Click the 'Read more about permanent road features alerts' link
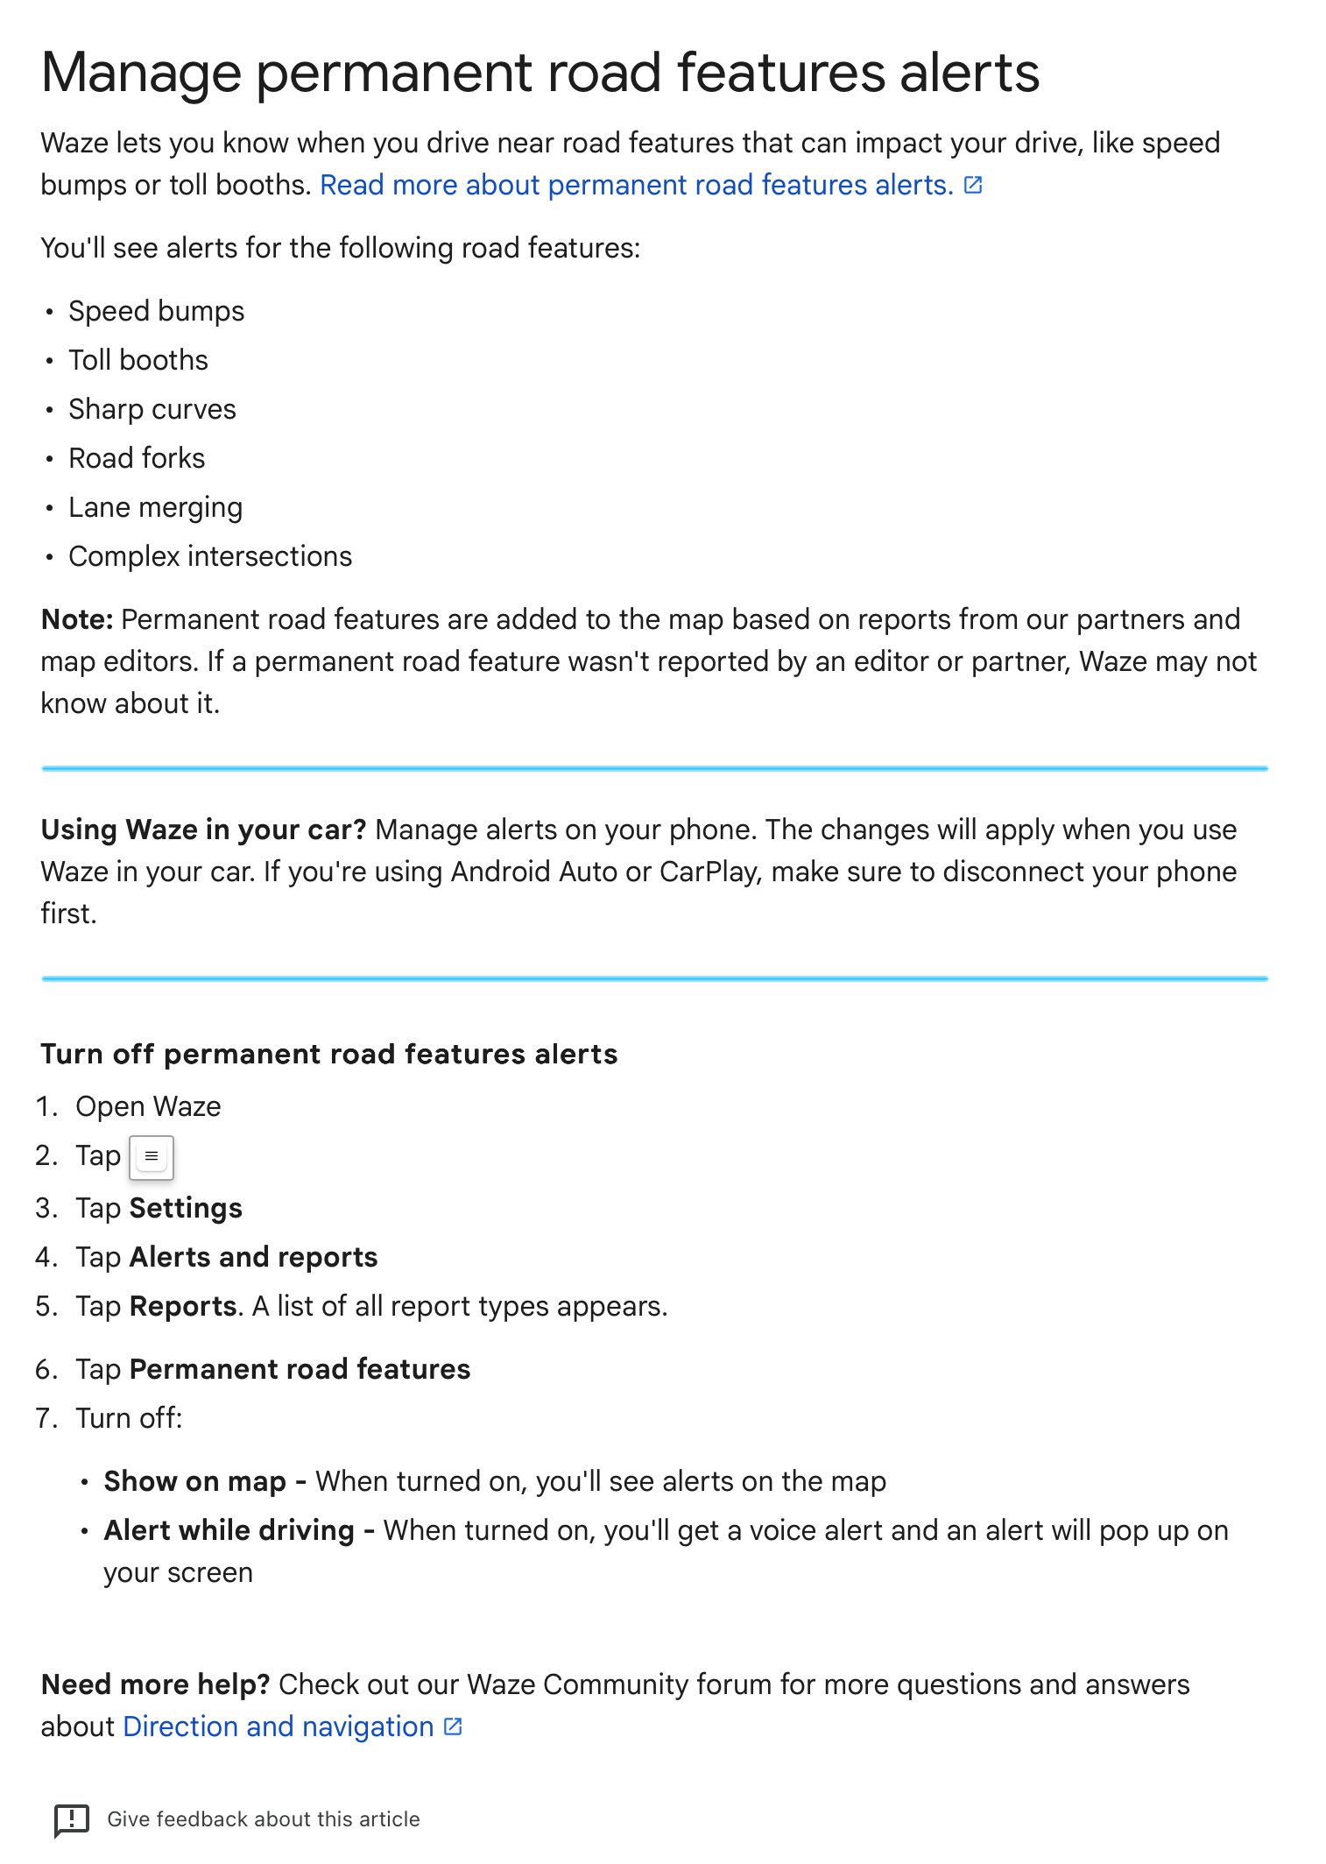(x=637, y=186)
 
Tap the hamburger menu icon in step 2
(x=152, y=1157)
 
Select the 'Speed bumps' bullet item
(x=156, y=312)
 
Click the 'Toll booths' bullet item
(x=138, y=361)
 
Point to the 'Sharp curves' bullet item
(x=152, y=410)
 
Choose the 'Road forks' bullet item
(x=137, y=459)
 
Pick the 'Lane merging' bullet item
(x=155, y=508)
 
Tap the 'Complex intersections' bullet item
(x=210, y=557)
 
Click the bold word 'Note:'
(x=77, y=620)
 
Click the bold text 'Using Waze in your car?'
(x=203, y=830)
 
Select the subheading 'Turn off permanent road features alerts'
(x=329, y=1055)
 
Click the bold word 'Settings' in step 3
(x=186, y=1209)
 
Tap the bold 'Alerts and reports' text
(x=253, y=1258)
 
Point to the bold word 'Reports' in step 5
(x=183, y=1307)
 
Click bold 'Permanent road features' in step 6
(x=300, y=1370)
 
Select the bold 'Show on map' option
(x=194, y=1482)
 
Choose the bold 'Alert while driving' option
(x=229, y=1531)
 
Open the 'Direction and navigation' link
(x=279, y=1727)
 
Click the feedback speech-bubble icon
(x=72, y=1819)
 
